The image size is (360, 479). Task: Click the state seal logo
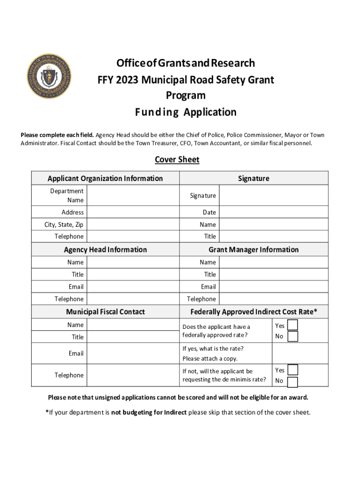49,76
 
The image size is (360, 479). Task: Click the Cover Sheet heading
177,160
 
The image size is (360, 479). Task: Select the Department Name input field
133,196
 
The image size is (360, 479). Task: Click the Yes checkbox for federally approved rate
292,325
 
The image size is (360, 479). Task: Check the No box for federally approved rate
292,336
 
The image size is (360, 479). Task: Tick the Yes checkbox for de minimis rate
292,370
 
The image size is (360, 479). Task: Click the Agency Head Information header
105,250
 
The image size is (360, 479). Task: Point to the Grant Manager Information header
253,250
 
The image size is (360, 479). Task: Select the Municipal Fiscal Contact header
105,312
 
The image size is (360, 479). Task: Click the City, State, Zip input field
133,225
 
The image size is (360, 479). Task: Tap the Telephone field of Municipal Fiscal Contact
133,375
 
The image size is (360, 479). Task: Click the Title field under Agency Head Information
133,275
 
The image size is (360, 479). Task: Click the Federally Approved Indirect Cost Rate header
253,312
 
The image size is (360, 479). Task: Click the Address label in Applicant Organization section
72,212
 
